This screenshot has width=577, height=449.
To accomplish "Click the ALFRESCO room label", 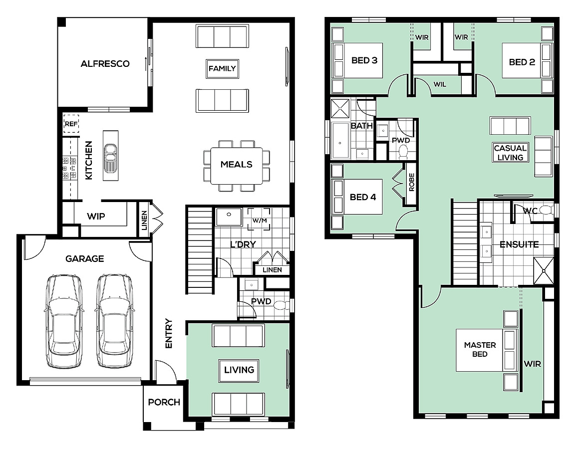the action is coord(105,64).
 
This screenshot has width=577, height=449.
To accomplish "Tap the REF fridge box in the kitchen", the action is coord(71,124).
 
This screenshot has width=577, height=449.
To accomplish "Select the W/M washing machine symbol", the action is coord(259,220).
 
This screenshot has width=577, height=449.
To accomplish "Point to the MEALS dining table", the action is coord(237,166).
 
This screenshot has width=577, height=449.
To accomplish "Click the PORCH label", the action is coord(164,402).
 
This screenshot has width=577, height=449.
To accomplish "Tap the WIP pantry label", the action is coord(96,216).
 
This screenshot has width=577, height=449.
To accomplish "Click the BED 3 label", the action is coord(364,60).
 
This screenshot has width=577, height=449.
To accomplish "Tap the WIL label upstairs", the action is coord(440,84).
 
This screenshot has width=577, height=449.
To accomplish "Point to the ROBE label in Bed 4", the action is coord(411,183).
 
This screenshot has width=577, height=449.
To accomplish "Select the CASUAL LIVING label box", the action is coord(511,153).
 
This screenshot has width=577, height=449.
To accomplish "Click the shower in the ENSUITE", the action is coord(544,271).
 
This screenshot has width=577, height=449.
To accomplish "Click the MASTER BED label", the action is coord(480,349).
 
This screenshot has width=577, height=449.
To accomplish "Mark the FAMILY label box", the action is coord(222,69).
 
